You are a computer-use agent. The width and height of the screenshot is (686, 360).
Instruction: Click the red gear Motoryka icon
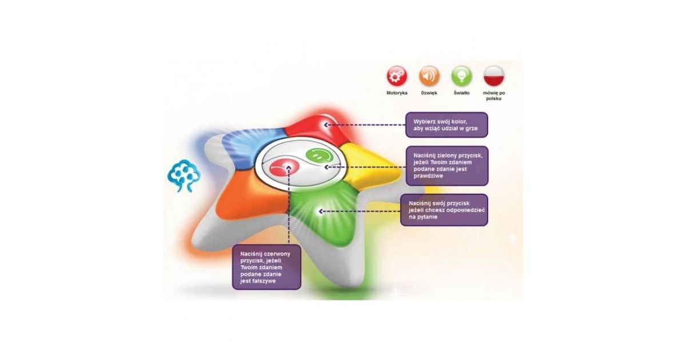click(x=397, y=75)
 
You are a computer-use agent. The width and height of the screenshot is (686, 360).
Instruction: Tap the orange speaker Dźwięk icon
click(x=429, y=75)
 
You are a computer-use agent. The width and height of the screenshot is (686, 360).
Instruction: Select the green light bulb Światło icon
click(x=461, y=75)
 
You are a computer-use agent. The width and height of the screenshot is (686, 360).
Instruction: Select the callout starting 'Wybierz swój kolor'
click(x=446, y=125)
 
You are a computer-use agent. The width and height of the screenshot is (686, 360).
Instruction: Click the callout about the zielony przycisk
click(x=446, y=166)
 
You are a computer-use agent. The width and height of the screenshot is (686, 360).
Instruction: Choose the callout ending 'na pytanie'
click(x=444, y=210)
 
